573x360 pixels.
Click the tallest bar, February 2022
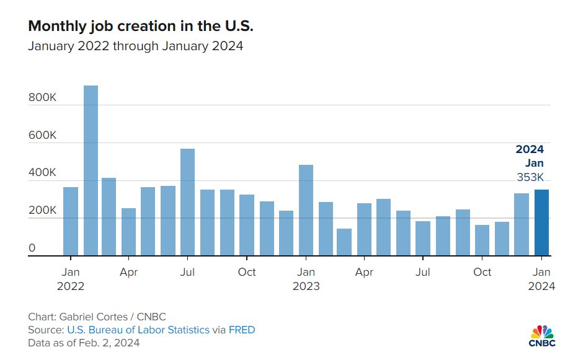point(91,170)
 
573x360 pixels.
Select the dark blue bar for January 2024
point(541,222)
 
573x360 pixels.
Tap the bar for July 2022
point(188,202)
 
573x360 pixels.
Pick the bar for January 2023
point(306,210)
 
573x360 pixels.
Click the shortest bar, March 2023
point(344,242)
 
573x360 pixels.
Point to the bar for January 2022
point(71,221)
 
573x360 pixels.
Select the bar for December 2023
point(522,224)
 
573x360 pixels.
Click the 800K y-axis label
point(42,97)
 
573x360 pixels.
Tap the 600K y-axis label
point(42,135)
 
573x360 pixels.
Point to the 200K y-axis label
point(42,211)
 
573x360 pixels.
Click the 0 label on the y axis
point(32,248)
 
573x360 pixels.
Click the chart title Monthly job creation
point(141,27)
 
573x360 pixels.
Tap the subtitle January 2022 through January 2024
point(135,47)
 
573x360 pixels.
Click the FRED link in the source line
point(242,330)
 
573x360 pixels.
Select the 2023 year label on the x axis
point(306,286)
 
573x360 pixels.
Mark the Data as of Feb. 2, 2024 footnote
point(84,343)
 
